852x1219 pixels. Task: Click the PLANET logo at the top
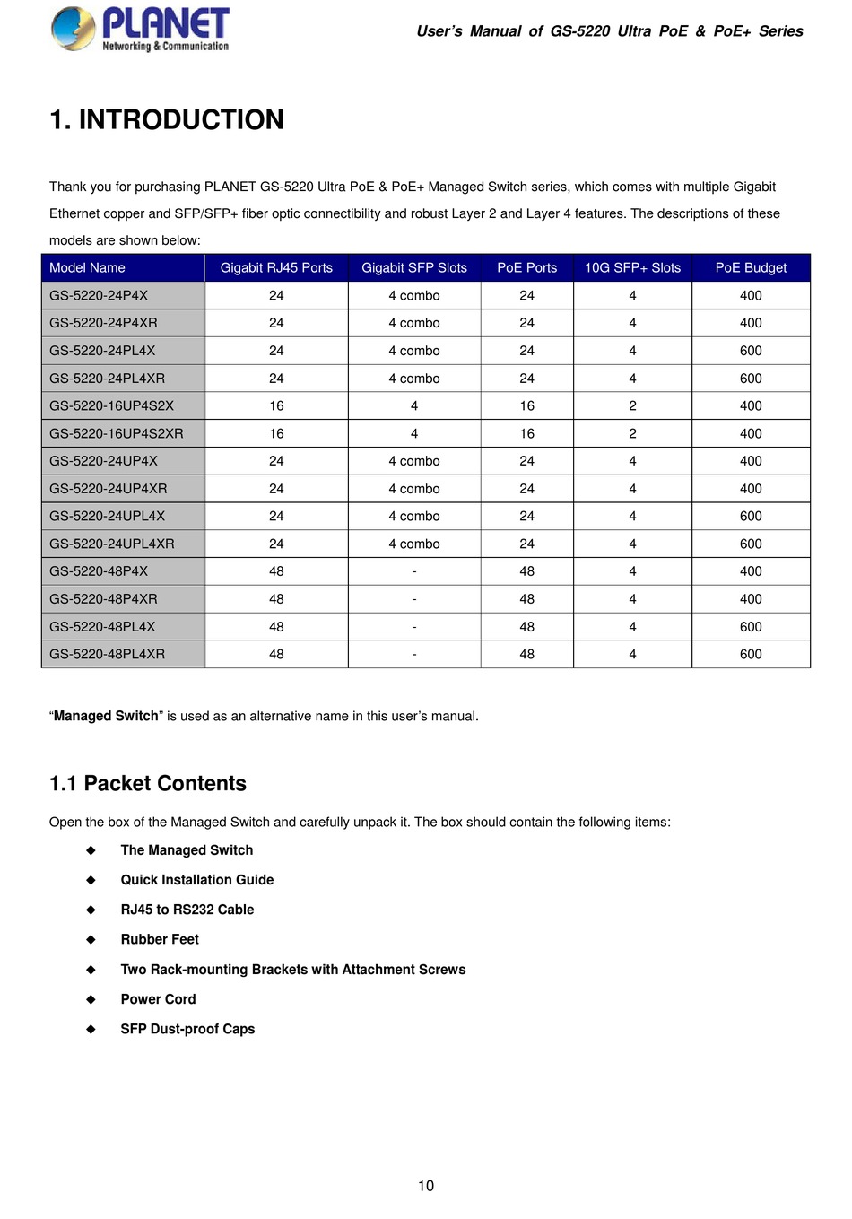[x=140, y=29]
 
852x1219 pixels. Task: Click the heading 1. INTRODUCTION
[x=167, y=119]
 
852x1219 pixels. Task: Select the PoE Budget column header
[x=751, y=267]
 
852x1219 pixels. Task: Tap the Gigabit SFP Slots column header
[x=414, y=267]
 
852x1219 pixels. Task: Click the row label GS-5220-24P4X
[x=99, y=295]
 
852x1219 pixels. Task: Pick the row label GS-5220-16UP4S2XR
[x=117, y=433]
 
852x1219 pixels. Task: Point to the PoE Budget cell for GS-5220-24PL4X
[x=751, y=351]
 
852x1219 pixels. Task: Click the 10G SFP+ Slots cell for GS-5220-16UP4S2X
[x=632, y=405]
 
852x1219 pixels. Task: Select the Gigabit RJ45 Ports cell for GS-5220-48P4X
[x=276, y=571]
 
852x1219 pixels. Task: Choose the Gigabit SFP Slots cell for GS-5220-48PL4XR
[x=414, y=654]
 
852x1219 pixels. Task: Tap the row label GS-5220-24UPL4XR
[x=112, y=544]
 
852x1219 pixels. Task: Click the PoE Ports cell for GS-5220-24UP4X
[x=526, y=461]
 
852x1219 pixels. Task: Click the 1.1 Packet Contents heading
[x=148, y=783]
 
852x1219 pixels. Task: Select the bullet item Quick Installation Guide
[x=197, y=880]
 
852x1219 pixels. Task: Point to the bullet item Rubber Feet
[x=160, y=939]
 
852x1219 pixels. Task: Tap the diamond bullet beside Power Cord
[x=91, y=999]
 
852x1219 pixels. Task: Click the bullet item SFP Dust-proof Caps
[x=187, y=1029]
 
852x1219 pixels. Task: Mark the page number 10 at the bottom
[x=426, y=1186]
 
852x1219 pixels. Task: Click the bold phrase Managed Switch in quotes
[x=106, y=716]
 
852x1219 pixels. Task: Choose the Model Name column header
[x=87, y=267]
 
